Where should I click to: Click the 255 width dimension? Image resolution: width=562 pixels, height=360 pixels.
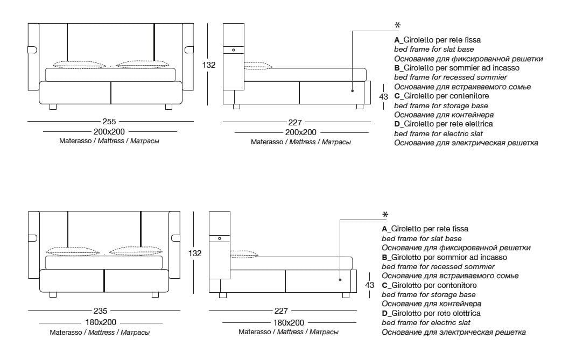coord(109,122)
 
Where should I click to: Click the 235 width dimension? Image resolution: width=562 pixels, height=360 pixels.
coord(100,311)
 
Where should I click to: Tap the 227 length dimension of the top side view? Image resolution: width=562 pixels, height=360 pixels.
coord(294,122)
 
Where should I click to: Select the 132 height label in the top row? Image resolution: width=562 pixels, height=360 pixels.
coord(208,65)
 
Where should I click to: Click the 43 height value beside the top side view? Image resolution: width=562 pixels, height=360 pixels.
coord(383,97)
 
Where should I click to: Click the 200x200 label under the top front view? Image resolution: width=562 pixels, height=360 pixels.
coord(109,132)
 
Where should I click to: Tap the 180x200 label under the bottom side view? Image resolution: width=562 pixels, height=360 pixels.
coord(289,322)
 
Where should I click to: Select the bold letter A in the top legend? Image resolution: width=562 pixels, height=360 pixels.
coord(397,40)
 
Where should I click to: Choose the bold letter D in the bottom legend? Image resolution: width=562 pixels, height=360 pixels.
coord(384,313)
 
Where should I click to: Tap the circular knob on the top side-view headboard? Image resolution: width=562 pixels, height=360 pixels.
coord(234,50)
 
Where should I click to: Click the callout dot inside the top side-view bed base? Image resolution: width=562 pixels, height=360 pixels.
coord(353,91)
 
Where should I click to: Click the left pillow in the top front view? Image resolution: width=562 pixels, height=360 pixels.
coord(80,65)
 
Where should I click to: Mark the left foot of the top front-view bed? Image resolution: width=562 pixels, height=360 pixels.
coord(53,107)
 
